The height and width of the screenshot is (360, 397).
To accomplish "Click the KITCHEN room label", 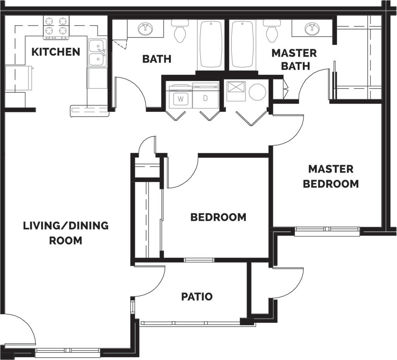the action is (x=56, y=52).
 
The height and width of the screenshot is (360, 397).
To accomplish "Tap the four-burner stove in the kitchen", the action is (x=56, y=28).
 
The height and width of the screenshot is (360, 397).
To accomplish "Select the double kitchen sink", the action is (x=97, y=53).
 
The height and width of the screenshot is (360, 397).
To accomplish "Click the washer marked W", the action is (x=181, y=97).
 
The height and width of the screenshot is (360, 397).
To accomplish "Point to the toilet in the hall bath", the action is (x=180, y=31).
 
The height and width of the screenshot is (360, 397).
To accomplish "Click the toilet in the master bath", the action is (x=271, y=31).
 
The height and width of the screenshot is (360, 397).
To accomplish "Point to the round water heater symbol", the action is (x=257, y=92).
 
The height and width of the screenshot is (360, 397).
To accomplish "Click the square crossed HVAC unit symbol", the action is (x=236, y=91).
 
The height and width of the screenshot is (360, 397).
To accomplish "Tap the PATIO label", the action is (x=197, y=296).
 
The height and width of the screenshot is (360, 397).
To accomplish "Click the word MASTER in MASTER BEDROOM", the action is (x=331, y=169).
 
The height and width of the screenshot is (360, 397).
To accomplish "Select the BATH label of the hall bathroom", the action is (x=157, y=59).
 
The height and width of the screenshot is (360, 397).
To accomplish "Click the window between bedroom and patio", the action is (x=199, y=260).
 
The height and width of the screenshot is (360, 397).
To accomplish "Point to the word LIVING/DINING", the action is (x=66, y=225).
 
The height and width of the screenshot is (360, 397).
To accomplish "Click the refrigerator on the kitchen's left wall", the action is (x=19, y=78).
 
